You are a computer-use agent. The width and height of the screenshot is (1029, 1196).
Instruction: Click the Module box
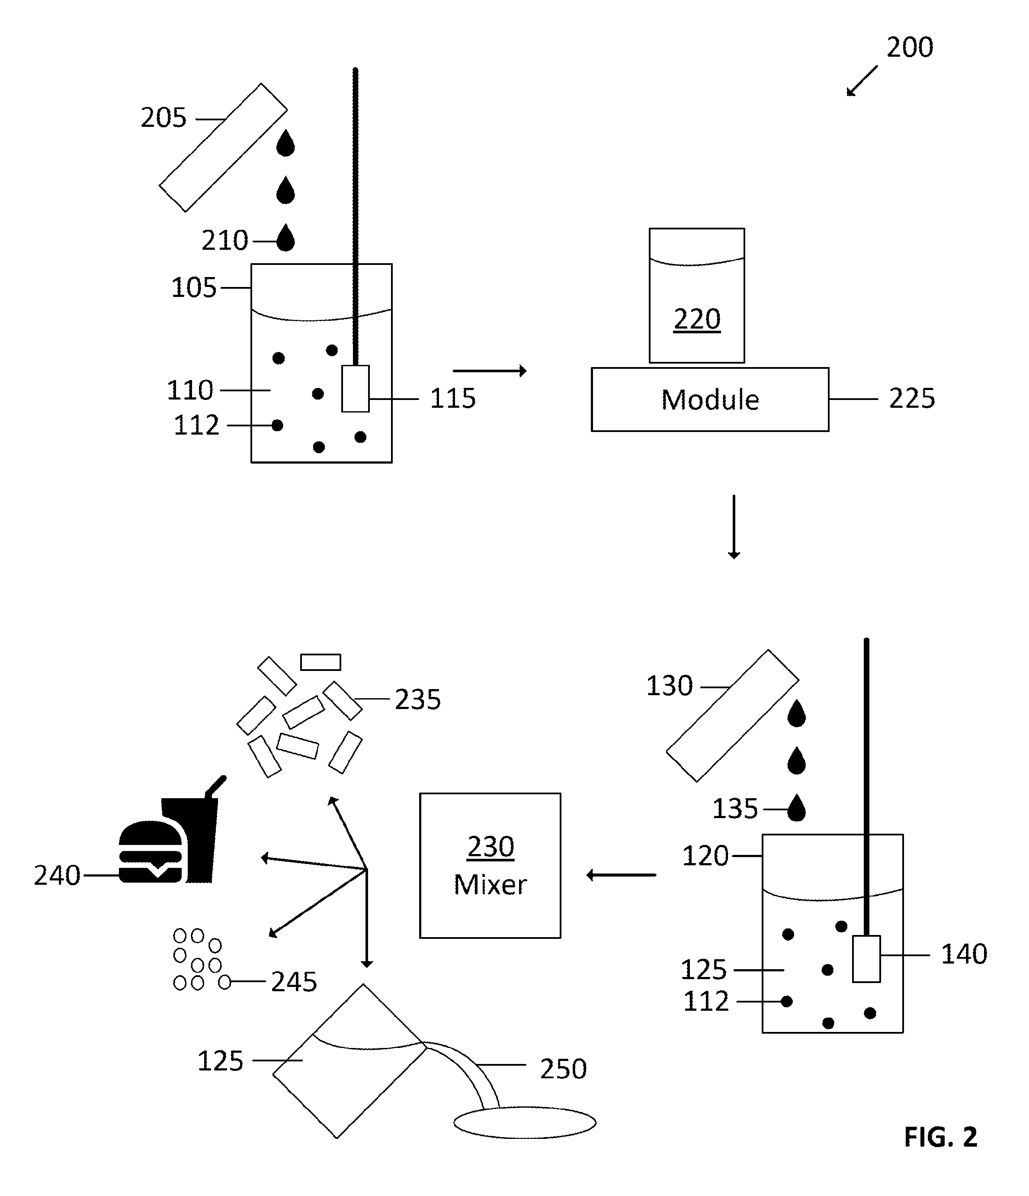coord(710,400)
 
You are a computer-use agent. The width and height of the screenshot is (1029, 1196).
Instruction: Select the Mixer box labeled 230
coord(490,865)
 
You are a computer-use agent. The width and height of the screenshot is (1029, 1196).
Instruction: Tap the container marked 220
coord(697,296)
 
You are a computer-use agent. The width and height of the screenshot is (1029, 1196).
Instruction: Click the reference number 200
coord(910,47)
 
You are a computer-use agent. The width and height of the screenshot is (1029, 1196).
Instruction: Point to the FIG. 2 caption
coord(941,1137)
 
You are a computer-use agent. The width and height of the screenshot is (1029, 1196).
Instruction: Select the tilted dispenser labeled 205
coord(223,148)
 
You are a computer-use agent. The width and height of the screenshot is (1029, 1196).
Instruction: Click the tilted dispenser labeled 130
coord(733,716)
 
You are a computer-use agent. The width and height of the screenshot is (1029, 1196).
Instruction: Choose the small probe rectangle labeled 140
coord(866,958)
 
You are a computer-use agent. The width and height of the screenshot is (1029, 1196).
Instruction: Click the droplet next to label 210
coord(285,237)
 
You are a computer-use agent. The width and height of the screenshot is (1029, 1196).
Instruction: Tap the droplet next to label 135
coord(797,808)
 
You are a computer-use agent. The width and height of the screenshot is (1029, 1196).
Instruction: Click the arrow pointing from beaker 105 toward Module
coord(490,371)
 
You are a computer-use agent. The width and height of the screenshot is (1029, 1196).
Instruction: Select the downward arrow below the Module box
coord(734,526)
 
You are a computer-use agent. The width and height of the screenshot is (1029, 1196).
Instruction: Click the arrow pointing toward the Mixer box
coord(621,875)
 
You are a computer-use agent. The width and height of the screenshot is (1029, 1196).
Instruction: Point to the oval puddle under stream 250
coord(525,1123)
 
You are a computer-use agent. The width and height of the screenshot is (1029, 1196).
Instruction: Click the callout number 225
coord(912,398)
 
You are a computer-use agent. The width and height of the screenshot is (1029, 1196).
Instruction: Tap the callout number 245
coord(294,982)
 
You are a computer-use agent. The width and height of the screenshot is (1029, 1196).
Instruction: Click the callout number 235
coord(417,699)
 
